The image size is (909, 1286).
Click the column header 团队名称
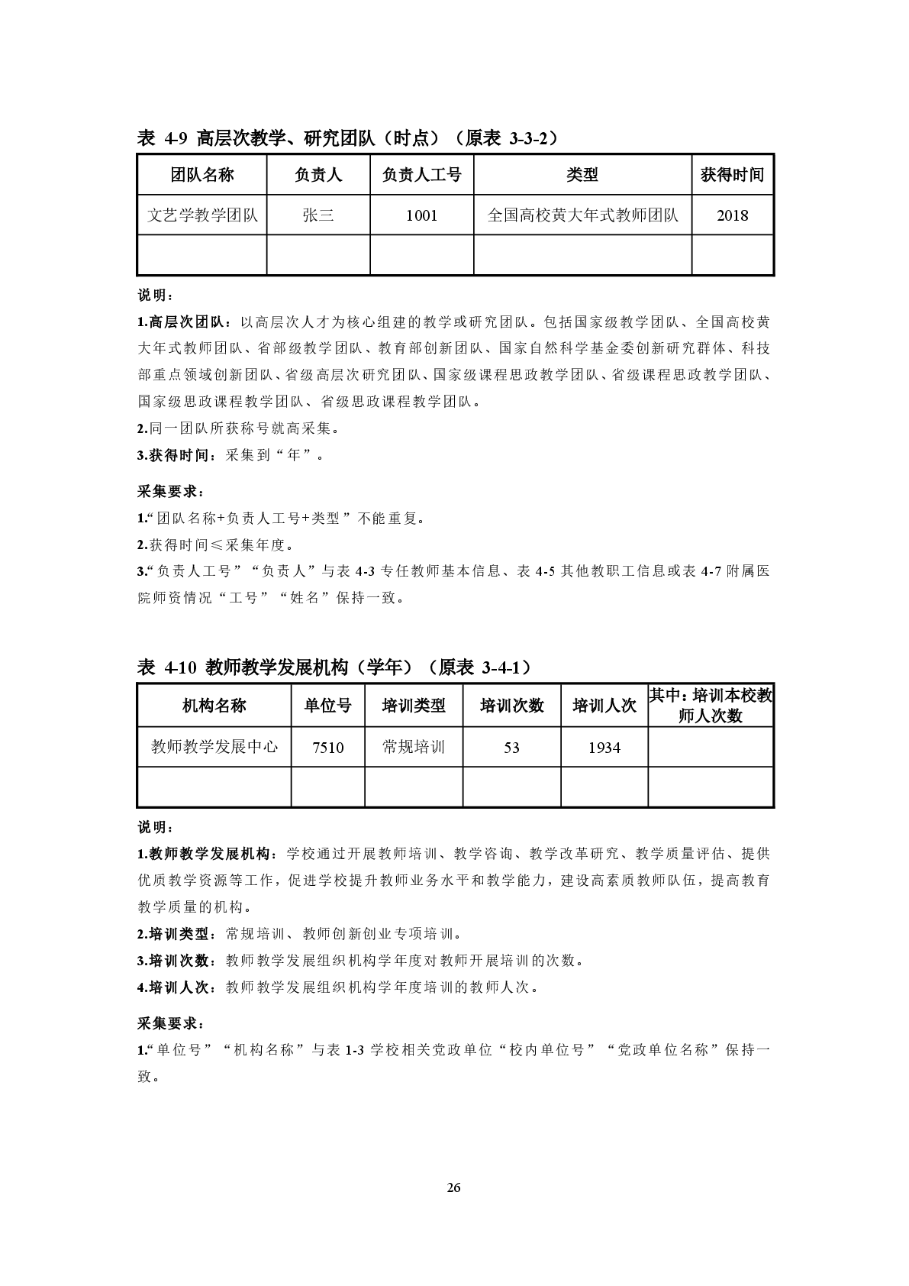coord(201,176)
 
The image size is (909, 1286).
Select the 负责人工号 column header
coord(421,176)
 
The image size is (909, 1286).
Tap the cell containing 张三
coord(318,215)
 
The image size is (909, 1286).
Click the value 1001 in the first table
coord(421,215)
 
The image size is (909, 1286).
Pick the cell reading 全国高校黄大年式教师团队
coord(582,215)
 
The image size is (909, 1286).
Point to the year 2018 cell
coord(733,215)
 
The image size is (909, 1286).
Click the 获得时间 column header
coord(733,176)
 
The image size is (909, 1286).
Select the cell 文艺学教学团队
coord(201,215)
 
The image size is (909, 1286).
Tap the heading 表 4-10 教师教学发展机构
coord(334,667)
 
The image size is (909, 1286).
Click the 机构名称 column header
coord(214,706)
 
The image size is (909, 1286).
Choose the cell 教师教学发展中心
coord(214,747)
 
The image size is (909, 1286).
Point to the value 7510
coord(328,748)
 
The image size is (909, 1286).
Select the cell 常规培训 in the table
coord(414,747)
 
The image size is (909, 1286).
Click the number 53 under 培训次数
coord(511,748)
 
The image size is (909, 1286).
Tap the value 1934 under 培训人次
coord(604,748)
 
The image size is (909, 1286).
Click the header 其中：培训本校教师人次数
coord(711,706)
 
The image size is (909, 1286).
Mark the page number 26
coord(454,1187)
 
